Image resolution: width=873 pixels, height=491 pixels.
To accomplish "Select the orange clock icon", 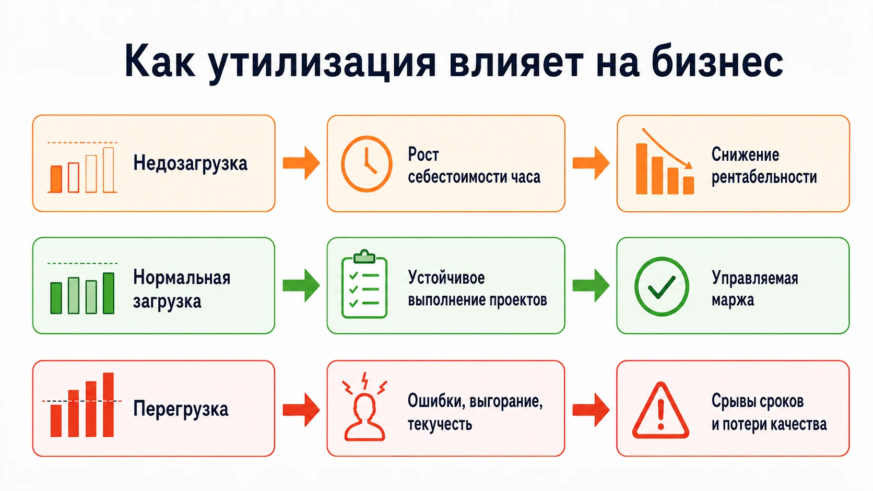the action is click(367, 164).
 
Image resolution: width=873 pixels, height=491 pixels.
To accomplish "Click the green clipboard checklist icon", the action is click(364, 284).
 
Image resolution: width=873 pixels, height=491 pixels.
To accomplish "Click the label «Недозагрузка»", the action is click(190, 163).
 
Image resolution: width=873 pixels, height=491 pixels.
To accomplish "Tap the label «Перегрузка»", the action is click(181, 409).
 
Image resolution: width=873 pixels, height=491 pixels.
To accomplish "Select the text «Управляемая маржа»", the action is click(755, 289).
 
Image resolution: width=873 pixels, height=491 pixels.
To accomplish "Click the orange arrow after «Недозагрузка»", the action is click(301, 163).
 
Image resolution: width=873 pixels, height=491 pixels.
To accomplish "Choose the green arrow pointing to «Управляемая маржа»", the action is click(591, 285).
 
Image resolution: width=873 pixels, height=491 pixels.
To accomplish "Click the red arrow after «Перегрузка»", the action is click(301, 410).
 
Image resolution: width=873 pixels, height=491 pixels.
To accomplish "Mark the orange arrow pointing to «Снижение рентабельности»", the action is click(591, 163).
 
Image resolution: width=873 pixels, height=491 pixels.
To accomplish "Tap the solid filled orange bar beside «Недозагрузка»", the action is click(56, 179).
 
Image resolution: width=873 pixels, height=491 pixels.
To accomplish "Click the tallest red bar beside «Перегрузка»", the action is click(109, 404).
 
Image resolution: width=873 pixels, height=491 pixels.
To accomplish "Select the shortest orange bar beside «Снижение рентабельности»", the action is click(689, 185).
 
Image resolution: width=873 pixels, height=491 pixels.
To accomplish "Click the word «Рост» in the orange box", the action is click(423, 154).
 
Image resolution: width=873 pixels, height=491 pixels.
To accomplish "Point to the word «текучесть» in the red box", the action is click(440, 424).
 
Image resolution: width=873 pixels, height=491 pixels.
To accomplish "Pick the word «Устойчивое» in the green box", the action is click(446, 278).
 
